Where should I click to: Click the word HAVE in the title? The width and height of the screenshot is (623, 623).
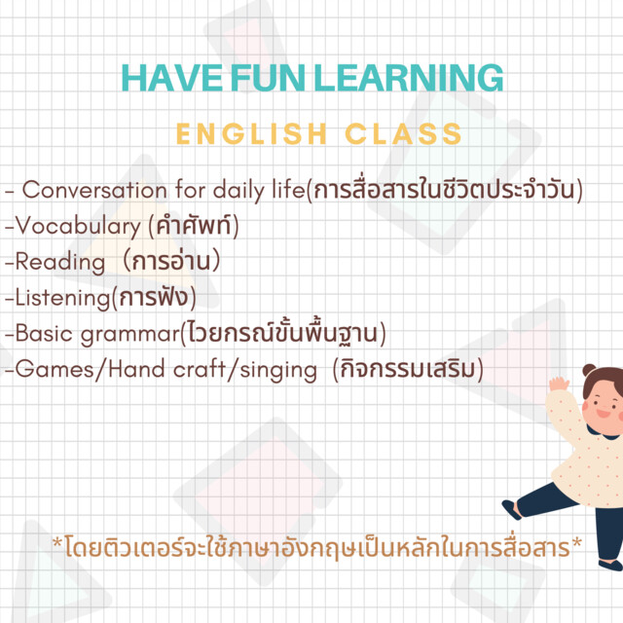click(172, 78)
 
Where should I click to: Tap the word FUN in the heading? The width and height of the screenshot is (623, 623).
click(268, 78)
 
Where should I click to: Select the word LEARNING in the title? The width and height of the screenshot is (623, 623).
click(409, 78)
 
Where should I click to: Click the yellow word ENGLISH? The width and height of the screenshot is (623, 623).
click(252, 134)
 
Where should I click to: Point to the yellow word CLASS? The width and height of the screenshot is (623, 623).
click(403, 134)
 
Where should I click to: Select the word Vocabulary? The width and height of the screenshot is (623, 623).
click(78, 227)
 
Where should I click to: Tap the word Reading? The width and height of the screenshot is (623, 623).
click(60, 263)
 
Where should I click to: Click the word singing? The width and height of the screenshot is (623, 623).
click(278, 370)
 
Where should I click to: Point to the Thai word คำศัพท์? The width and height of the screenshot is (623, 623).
click(194, 226)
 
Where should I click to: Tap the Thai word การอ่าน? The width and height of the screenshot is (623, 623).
click(171, 261)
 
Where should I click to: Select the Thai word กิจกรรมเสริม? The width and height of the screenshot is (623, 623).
click(408, 369)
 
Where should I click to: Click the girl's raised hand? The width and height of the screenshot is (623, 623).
click(559, 385)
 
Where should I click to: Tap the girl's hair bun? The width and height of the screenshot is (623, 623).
click(590, 370)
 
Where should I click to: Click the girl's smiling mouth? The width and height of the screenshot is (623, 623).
click(604, 413)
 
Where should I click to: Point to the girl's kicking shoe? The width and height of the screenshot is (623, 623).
click(511, 510)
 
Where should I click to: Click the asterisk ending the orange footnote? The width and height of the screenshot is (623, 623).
click(576, 543)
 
